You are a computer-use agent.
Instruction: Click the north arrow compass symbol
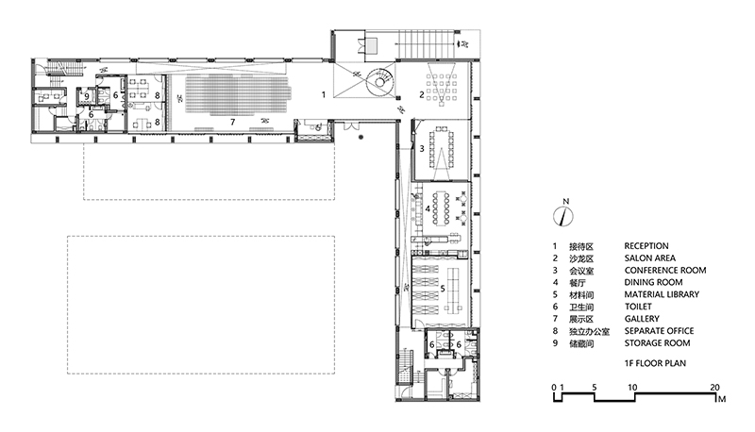(563, 216)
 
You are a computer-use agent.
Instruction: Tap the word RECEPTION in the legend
(646, 246)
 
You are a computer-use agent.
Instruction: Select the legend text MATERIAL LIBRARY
(662, 294)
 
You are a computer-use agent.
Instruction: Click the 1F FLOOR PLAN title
(655, 363)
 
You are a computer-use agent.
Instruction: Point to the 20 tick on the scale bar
(715, 394)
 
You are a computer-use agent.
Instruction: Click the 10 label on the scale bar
(632, 388)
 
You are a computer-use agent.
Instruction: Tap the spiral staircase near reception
(380, 82)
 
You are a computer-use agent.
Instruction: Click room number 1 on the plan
(324, 94)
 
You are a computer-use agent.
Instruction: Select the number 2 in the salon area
(421, 94)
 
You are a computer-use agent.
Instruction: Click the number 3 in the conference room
(422, 149)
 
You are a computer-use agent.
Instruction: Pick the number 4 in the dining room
(428, 208)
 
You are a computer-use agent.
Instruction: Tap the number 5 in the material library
(443, 289)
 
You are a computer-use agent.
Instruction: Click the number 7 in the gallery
(232, 123)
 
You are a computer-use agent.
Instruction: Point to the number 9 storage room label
(87, 95)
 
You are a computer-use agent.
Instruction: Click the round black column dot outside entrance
(361, 138)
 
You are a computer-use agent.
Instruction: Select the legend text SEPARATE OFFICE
(659, 331)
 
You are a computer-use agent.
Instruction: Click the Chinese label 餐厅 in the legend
(578, 283)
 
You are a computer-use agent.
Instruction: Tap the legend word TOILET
(638, 307)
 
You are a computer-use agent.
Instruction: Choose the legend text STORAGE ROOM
(657, 343)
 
